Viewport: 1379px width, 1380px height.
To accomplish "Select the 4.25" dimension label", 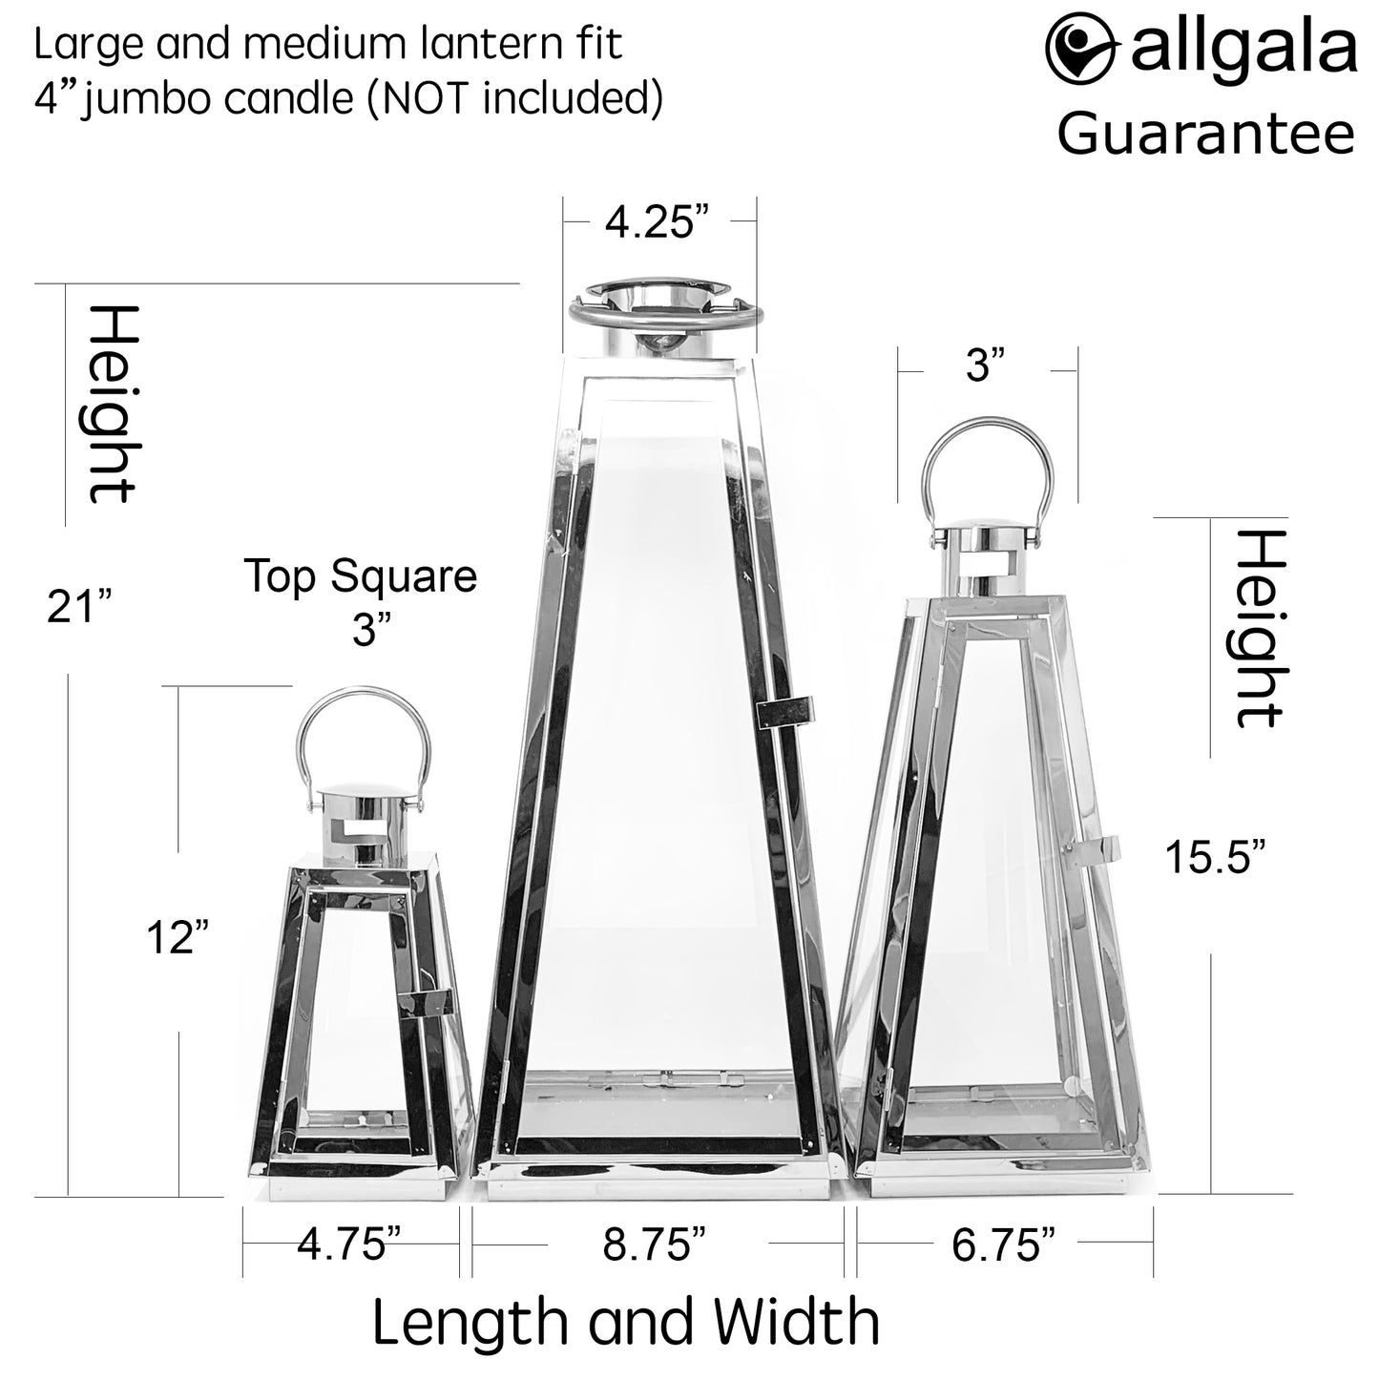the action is coord(658,222).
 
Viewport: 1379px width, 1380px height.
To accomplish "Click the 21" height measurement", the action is coord(79,607).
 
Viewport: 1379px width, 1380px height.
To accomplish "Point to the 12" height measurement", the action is coord(178,937).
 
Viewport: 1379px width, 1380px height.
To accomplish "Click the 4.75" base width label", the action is coord(349,1244).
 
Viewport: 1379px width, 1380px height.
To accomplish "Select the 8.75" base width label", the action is coord(655,1244).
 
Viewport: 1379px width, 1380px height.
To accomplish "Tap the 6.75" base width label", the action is coord(1003,1244).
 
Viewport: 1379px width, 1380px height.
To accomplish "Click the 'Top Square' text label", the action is coord(361,575).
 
